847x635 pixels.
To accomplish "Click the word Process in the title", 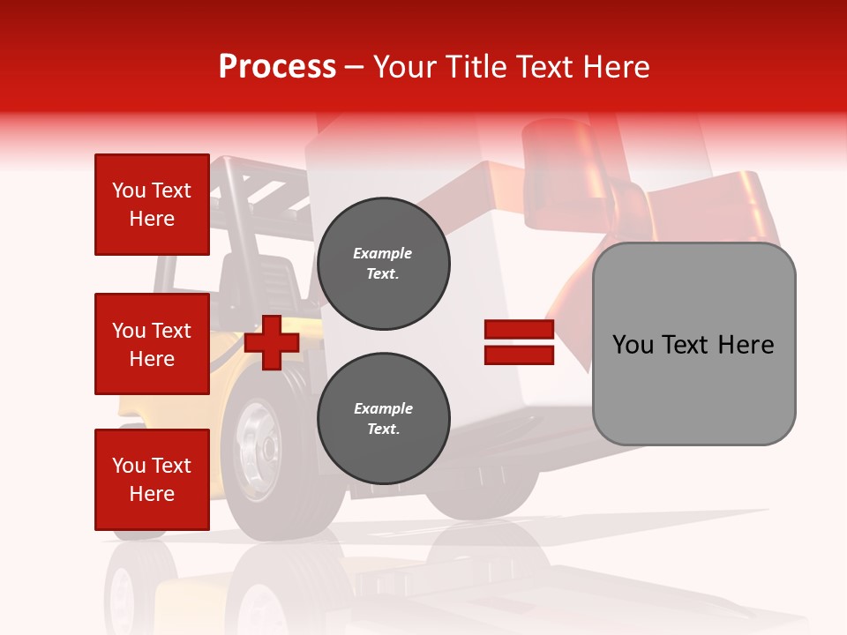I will tap(277, 67).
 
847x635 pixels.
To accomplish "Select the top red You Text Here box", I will tap(152, 205).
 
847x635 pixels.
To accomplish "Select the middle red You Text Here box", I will tap(152, 344).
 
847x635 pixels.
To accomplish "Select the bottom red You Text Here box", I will tap(152, 480).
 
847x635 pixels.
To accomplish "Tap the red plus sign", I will tap(272, 342).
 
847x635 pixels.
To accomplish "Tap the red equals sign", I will tap(519, 342).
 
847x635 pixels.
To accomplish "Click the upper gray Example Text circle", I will tap(383, 264).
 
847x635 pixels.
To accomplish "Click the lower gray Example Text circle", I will tap(383, 419).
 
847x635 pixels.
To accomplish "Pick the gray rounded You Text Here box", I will tap(693, 344).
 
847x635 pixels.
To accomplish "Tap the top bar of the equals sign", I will tap(519, 330).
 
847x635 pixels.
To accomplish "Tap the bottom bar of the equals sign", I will tap(519, 355).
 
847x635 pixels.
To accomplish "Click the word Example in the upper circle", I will tap(383, 253).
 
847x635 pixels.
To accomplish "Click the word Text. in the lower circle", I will tap(383, 430).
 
